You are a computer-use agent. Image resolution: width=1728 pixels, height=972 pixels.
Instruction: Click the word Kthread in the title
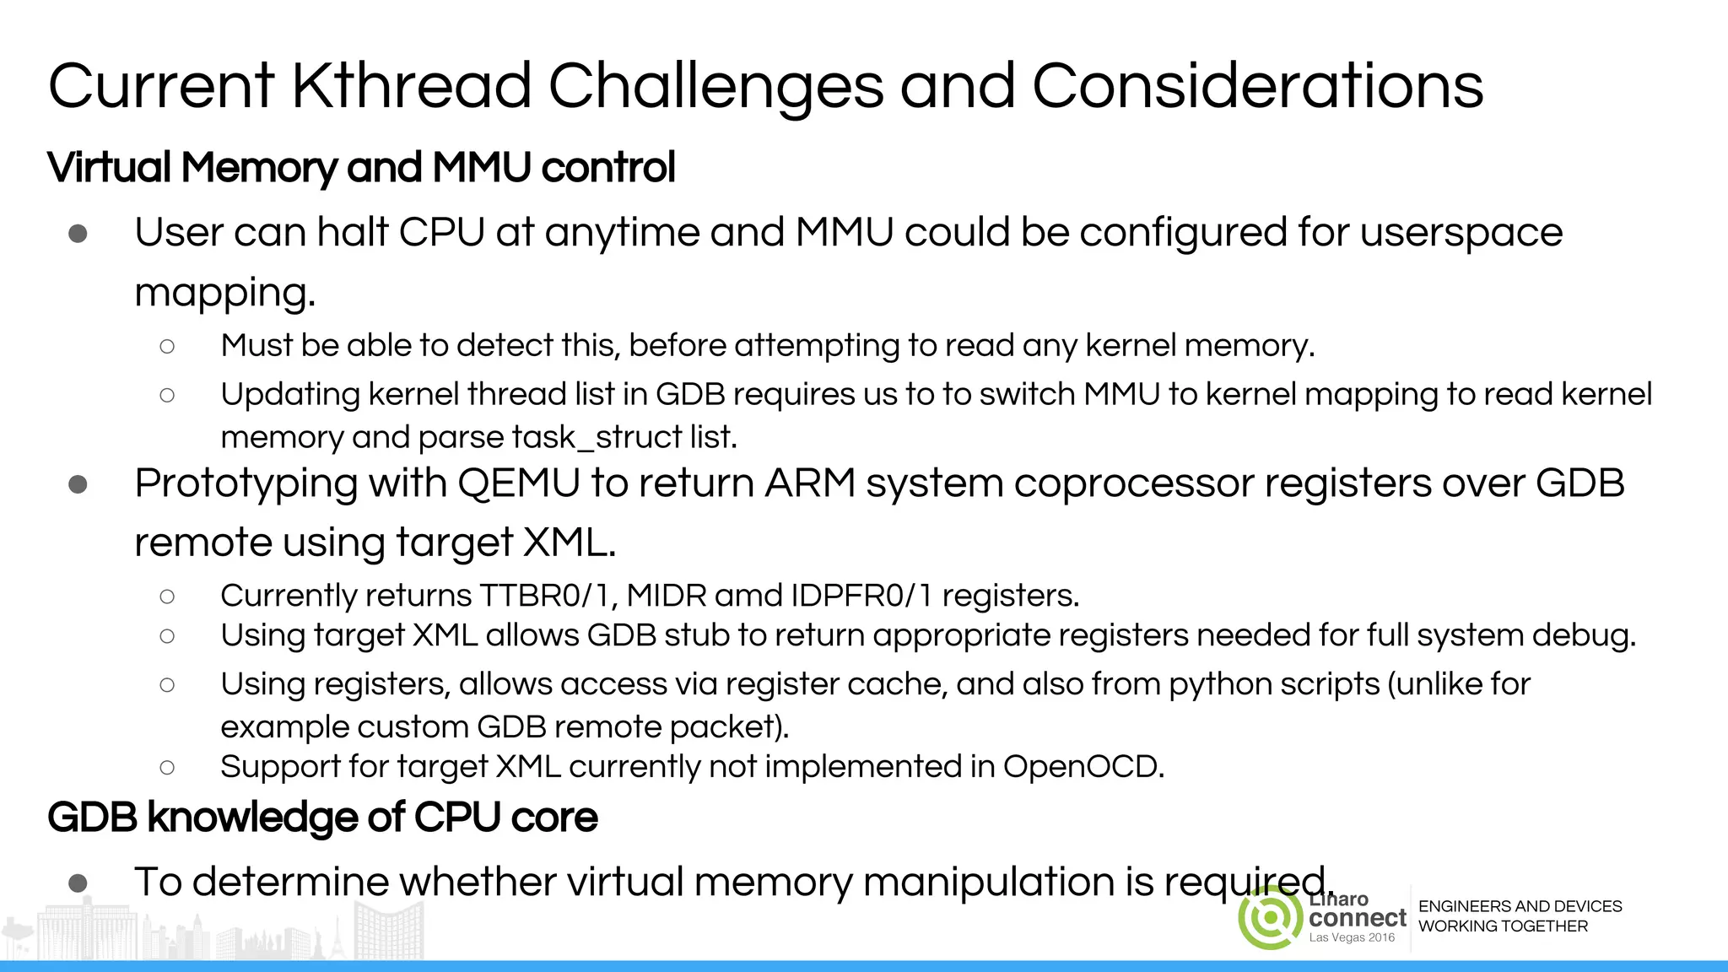pyautogui.click(x=412, y=86)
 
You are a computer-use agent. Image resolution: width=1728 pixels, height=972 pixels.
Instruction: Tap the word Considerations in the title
pyautogui.click(x=1257, y=86)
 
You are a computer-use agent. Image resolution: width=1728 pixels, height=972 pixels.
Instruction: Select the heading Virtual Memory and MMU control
pyautogui.click(x=361, y=167)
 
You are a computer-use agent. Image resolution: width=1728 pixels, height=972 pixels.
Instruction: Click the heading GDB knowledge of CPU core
pyautogui.click(x=322, y=817)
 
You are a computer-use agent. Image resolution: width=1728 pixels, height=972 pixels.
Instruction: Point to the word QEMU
pyautogui.click(x=518, y=483)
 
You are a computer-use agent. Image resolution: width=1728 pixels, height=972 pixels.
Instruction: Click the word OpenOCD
pyautogui.click(x=1083, y=766)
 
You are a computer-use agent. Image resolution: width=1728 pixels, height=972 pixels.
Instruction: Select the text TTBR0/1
pyautogui.click(x=548, y=596)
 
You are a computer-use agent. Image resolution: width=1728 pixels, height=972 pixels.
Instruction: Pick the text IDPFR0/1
pyautogui.click(x=861, y=596)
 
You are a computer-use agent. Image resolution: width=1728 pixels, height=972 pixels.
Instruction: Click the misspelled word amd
pyautogui.click(x=748, y=596)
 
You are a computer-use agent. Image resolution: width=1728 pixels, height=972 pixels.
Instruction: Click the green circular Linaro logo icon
pyautogui.click(x=1270, y=917)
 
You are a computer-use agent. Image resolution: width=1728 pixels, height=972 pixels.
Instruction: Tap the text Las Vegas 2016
pyautogui.click(x=1352, y=937)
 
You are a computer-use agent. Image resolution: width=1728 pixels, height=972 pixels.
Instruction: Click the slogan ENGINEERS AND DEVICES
pyautogui.click(x=1520, y=906)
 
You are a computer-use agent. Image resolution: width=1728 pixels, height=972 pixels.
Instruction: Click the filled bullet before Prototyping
pyautogui.click(x=78, y=484)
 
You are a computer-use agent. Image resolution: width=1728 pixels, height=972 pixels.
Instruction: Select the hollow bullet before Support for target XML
pyautogui.click(x=167, y=767)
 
